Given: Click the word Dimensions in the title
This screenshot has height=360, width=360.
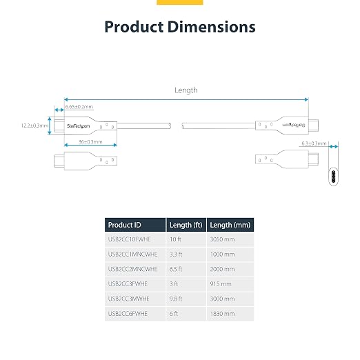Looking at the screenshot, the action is coord(212,27).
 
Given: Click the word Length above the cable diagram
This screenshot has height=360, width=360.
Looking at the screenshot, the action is coord(186,90).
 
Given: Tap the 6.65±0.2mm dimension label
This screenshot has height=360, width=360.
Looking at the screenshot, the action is coord(79,107).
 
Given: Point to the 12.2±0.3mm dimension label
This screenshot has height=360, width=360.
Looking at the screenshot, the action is coord(34,126).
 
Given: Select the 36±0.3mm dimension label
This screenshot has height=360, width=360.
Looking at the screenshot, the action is coord(90,142).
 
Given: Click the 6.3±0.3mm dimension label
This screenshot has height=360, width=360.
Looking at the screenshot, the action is coord(314,143).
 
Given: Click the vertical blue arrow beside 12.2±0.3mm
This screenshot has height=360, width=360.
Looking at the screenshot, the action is coord(50,126).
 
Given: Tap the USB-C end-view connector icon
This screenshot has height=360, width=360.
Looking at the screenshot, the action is coord(333,177).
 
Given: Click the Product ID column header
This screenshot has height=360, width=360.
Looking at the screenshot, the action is coord(124,225).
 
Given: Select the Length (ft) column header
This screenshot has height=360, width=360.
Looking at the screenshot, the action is coord(186,225).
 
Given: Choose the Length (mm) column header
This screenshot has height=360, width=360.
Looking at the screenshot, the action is coord(230,225).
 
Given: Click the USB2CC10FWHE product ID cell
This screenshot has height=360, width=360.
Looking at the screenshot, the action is coord(129,239).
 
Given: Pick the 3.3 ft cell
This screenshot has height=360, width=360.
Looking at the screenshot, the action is coord(176,254).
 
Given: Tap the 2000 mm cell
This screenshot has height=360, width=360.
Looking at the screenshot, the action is coord(222,269).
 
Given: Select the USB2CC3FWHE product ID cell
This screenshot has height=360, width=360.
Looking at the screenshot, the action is coord(128,284).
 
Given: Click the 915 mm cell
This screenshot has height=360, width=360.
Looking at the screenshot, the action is coord(221,284).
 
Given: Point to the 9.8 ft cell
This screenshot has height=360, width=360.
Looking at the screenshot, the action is coord(176,299).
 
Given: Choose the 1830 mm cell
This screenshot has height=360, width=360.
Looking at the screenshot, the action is coord(222,314).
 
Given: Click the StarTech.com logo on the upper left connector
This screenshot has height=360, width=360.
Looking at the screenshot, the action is coord(78,126).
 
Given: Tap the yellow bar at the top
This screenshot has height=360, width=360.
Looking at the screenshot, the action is coord(180,2).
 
